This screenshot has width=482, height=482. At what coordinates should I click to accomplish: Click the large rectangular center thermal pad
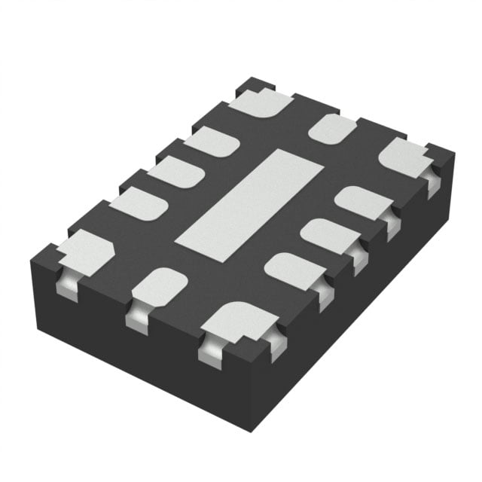click(x=249, y=205)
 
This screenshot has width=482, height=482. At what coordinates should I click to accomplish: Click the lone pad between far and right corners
click(x=332, y=129)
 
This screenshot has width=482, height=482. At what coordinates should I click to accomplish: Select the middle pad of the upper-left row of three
click(x=175, y=172)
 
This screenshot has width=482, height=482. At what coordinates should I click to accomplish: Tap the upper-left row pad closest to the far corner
click(x=212, y=142)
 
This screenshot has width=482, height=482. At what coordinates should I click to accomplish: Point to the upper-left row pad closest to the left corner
click(x=138, y=203)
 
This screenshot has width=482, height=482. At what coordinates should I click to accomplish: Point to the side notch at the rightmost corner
click(x=433, y=181)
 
